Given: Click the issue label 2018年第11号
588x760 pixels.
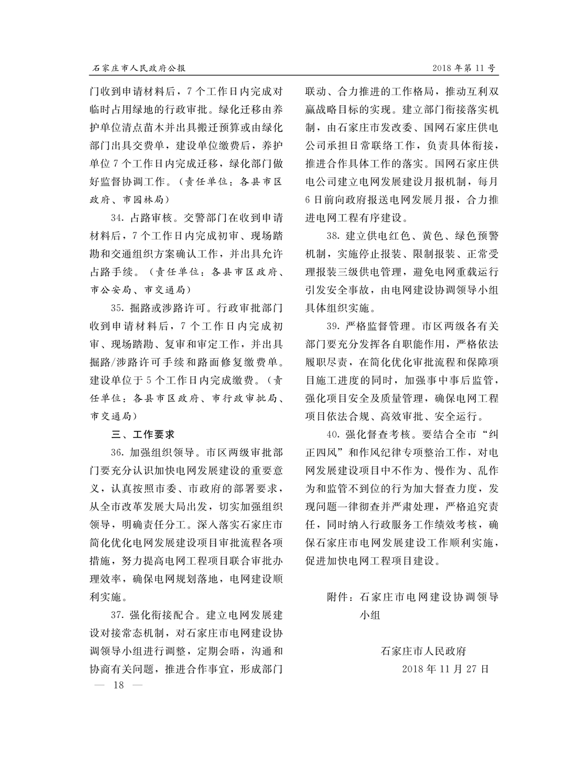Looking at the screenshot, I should [x=464, y=68].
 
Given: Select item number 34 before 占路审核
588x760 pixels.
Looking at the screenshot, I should [x=116, y=218].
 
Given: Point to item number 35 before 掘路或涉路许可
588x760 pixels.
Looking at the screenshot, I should [x=116, y=308].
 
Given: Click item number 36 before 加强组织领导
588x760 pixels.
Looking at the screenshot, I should [x=116, y=453].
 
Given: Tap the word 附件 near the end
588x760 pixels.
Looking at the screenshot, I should [x=338, y=597].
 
